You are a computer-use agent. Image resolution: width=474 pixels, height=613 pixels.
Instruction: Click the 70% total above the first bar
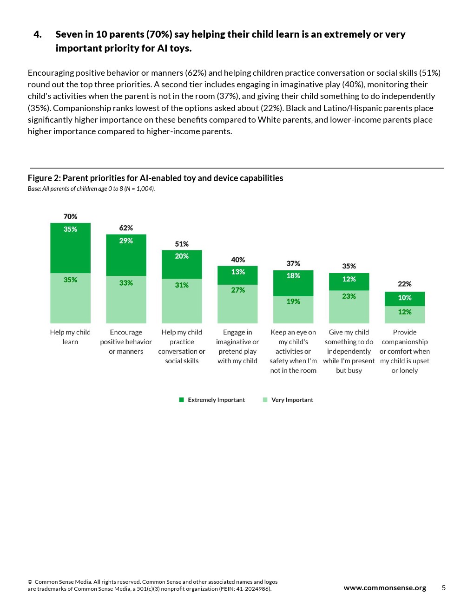[70, 216]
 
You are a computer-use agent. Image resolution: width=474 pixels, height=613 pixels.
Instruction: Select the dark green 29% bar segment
[126, 255]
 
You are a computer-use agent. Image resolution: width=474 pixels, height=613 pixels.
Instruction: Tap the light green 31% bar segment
[182, 301]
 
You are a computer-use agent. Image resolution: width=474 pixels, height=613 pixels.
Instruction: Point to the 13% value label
[238, 272]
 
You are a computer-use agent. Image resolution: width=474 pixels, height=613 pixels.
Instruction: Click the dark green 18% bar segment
[293, 283]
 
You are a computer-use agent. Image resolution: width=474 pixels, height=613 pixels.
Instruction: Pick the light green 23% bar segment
[349, 307]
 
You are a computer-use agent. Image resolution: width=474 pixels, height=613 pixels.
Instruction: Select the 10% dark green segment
[405, 299]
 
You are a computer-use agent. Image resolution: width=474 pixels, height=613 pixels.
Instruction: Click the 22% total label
[405, 284]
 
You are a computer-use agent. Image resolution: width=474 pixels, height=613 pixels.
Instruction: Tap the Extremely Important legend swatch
[182, 400]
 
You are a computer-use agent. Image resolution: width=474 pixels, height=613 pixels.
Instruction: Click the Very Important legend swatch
[265, 400]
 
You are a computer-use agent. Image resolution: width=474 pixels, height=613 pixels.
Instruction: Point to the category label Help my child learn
[70, 337]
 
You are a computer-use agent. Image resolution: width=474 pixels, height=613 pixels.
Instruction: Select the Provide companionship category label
[405, 351]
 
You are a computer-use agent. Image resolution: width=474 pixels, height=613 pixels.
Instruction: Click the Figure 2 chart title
[155, 178]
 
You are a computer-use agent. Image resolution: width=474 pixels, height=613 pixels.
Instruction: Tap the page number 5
[444, 587]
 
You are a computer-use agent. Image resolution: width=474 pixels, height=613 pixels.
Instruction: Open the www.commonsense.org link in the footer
[385, 587]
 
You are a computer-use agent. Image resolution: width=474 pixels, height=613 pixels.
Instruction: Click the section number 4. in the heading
[38, 34]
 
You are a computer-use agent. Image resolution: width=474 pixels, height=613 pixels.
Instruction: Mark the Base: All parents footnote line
[91, 189]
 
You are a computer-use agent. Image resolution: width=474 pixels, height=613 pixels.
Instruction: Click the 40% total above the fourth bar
[238, 260]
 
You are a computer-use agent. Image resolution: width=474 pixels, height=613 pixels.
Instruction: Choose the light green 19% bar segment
[293, 310]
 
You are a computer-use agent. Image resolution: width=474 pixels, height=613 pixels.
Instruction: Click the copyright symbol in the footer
[30, 582]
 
